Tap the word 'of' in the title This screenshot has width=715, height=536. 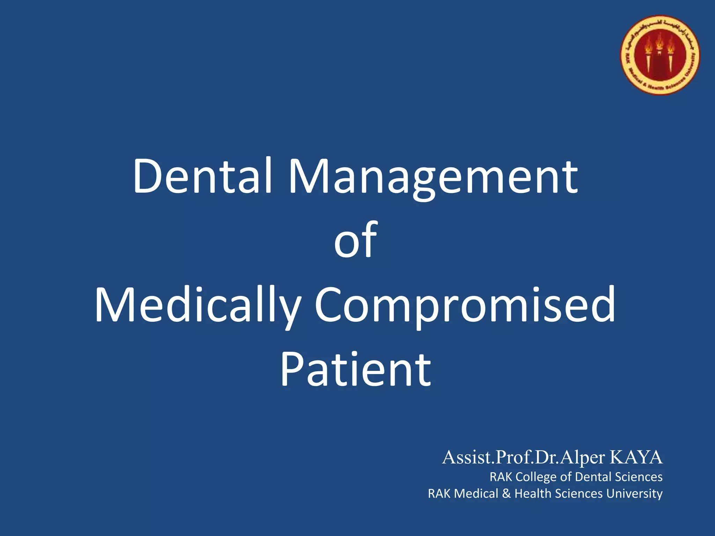(x=356, y=241)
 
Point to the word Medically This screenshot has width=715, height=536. (x=198, y=306)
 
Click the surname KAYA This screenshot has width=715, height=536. (x=636, y=457)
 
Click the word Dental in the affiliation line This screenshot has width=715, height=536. (x=593, y=477)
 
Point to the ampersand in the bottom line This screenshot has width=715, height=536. (x=506, y=494)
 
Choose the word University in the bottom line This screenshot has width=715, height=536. (x=634, y=494)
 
